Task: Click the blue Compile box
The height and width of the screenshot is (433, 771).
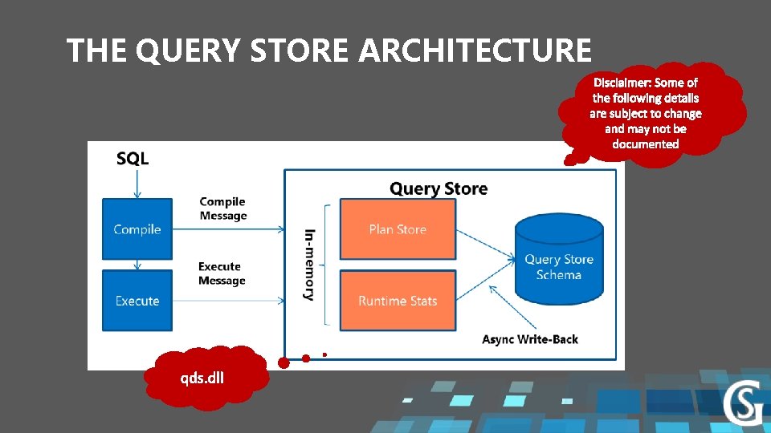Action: [x=137, y=229]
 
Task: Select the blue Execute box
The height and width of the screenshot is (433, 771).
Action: [x=137, y=301]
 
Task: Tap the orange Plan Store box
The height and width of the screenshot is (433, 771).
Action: [x=398, y=229]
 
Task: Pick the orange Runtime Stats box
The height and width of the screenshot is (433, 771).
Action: [x=398, y=301]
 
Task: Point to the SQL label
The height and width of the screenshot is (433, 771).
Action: [x=133, y=159]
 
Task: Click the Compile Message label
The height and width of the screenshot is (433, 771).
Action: [x=222, y=208]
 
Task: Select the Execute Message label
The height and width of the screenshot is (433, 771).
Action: [x=222, y=273]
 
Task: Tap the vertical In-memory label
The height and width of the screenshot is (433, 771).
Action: [x=309, y=265]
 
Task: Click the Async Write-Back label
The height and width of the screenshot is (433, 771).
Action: [x=530, y=339]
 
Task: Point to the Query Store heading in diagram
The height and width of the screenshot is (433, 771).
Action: [x=439, y=189]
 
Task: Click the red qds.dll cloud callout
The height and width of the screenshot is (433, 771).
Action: [x=203, y=377]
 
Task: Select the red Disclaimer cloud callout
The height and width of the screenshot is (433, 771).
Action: [x=646, y=113]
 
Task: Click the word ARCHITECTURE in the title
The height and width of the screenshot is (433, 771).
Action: [x=475, y=51]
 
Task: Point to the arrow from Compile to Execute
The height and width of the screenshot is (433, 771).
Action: [x=137, y=265]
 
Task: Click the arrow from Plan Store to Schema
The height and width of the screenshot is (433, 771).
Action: [x=485, y=244]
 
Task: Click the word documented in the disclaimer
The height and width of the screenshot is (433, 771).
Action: [x=646, y=144]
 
